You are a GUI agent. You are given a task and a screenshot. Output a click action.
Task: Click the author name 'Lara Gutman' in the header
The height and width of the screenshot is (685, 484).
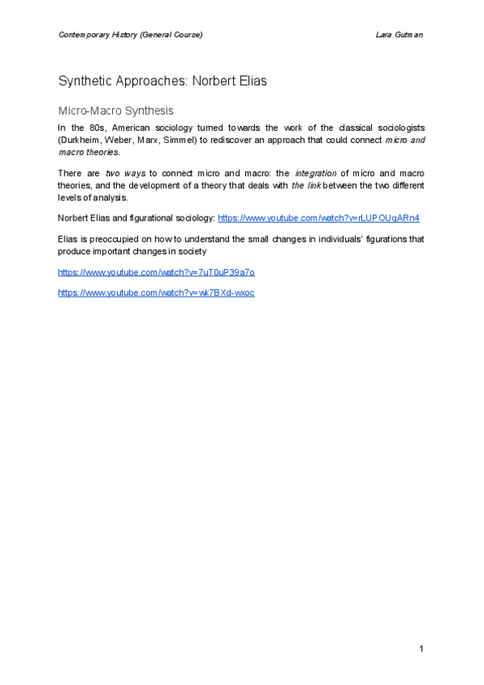point(401,35)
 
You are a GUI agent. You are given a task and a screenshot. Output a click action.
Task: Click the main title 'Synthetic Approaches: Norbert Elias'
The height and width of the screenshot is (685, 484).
point(162,82)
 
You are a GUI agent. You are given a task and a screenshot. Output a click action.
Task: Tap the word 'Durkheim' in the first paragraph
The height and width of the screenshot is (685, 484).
point(79,140)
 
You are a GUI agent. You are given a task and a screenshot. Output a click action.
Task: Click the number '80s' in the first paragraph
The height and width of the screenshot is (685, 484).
point(98,128)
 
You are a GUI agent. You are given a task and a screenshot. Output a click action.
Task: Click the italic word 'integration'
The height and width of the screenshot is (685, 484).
point(315,174)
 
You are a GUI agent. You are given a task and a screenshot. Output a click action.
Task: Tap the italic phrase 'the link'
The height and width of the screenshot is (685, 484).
point(304,186)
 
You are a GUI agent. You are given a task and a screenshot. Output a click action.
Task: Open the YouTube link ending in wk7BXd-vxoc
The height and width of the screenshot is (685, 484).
point(156,292)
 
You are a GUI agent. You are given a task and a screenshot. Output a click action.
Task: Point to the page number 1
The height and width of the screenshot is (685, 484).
point(421,649)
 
